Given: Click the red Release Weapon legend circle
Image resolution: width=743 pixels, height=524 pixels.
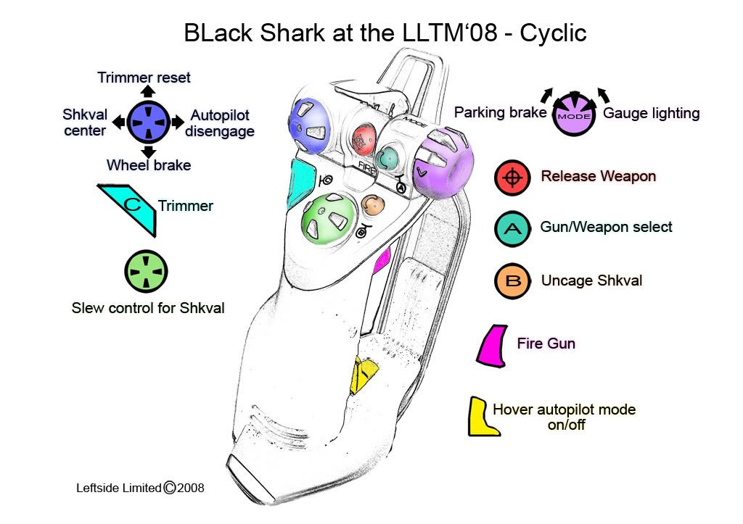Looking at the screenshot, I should click(512, 178).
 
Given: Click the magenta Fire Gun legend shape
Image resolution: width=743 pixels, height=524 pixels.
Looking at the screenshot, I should click(494, 345).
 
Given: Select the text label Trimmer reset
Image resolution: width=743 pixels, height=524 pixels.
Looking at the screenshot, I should click(144, 78).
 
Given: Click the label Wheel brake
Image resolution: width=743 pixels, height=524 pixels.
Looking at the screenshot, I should click(149, 165).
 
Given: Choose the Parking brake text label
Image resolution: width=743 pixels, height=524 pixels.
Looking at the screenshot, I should click(500, 113).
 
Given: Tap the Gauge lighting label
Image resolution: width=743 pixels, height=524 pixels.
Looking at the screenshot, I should click(652, 113).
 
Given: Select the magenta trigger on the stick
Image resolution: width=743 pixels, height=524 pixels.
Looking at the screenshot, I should click(382, 260).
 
